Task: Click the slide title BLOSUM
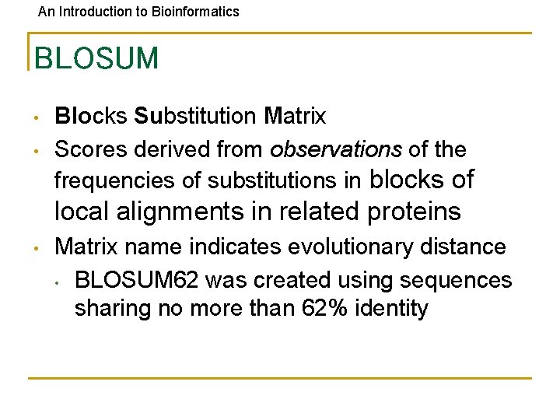pos(96,58)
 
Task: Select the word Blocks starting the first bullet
pos(90,117)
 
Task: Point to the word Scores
pos(92,149)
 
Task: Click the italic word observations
pos(335,149)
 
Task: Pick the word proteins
pos(411,212)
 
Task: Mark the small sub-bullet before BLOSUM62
pos(58,281)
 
